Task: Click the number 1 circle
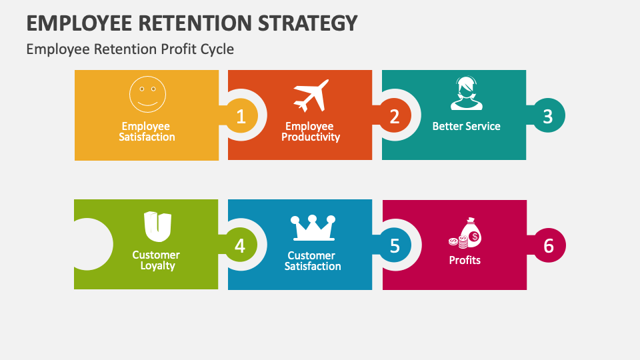(x=241, y=117)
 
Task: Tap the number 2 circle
(x=394, y=117)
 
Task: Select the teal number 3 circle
(x=547, y=116)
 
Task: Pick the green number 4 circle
(x=240, y=246)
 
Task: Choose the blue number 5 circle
(x=395, y=246)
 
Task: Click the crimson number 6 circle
(x=548, y=246)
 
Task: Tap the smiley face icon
(x=147, y=94)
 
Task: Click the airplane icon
(x=311, y=96)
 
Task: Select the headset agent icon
(x=465, y=94)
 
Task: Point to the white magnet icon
(x=157, y=227)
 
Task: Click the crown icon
(x=312, y=228)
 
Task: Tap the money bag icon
(x=465, y=233)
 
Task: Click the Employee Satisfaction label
(x=147, y=131)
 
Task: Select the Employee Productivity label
(x=310, y=131)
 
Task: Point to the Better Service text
(x=466, y=126)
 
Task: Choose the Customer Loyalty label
(x=157, y=260)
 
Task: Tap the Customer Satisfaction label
(x=313, y=261)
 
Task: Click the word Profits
(x=465, y=260)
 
